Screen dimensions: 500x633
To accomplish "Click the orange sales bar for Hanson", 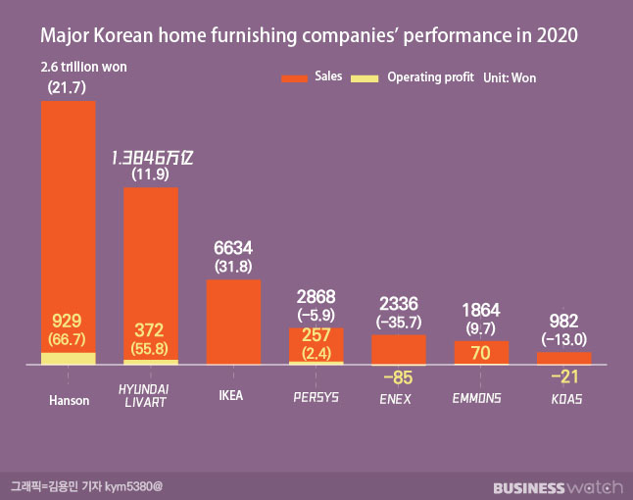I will pos(68,216).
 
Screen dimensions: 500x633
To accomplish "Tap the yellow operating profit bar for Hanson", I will pos(68,359).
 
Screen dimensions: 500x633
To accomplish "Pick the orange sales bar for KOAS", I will pos(563,358).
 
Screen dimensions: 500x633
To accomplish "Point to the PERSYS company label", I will pos(316,398).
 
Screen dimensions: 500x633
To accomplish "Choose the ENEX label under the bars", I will pos(395,398).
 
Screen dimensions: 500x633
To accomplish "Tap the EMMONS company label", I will pos(478,398).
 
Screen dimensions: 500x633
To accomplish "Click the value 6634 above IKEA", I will pos(233,247).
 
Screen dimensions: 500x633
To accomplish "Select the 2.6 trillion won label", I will pos(84,67).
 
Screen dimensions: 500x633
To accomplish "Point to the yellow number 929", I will pos(68,321).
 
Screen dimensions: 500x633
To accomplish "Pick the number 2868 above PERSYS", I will pos(316,297).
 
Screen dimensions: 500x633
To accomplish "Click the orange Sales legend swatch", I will pos(295,76).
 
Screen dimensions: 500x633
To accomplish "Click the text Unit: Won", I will pos(510,77).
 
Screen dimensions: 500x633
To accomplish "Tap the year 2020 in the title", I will pos(553,36).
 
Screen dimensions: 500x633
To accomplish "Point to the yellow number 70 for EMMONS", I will pos(480,352).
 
